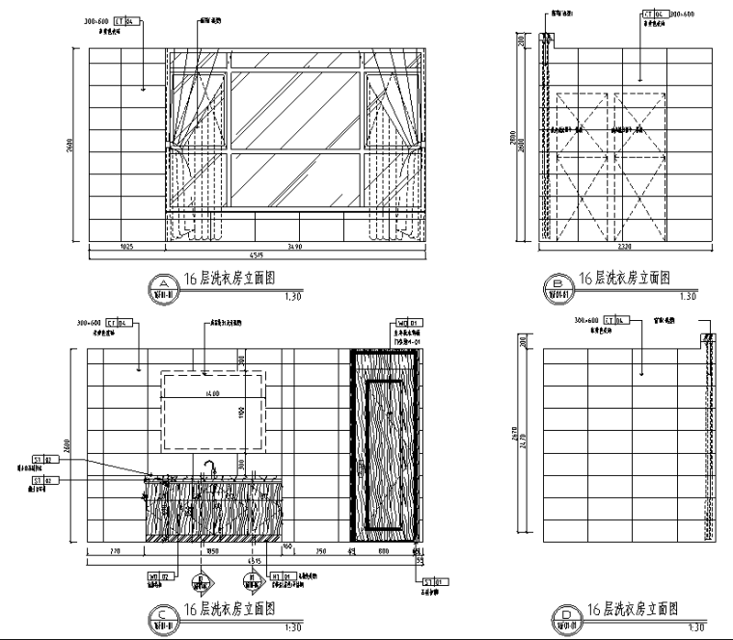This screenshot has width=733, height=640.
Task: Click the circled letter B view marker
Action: [559, 282]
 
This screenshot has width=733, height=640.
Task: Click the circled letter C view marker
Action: [164, 613]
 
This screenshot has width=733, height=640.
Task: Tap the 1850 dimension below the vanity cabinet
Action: [214, 552]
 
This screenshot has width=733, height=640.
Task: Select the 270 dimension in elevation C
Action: [116, 552]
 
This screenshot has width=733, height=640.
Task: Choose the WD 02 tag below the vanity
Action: [158, 576]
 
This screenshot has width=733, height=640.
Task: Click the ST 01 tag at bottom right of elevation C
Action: [432, 582]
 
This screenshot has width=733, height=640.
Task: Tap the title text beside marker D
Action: [633, 609]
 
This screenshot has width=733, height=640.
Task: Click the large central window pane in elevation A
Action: [294, 109]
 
